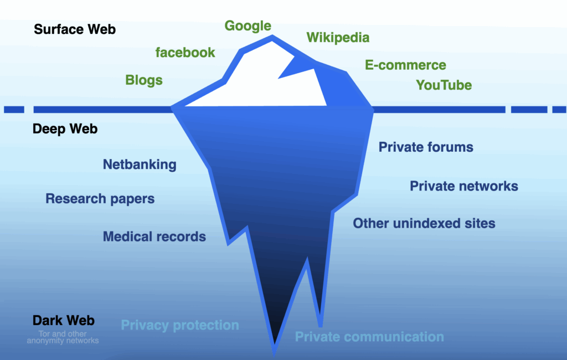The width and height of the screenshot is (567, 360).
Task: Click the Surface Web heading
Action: (x=75, y=29)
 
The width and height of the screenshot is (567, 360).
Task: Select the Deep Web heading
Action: (x=65, y=129)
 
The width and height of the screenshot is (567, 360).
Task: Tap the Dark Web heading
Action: (x=64, y=320)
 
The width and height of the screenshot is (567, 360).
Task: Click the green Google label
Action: (x=248, y=26)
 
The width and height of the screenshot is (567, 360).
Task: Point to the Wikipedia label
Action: (x=338, y=38)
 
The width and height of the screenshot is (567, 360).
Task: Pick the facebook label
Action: (x=185, y=53)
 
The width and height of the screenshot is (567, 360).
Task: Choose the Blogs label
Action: (x=144, y=80)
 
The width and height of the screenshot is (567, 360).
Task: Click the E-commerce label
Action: (x=405, y=65)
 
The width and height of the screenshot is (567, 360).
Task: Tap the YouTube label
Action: (x=444, y=85)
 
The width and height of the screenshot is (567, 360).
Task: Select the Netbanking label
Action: (x=140, y=164)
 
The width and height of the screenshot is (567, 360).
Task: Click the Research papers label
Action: (x=100, y=199)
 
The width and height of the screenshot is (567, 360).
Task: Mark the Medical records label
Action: (x=154, y=236)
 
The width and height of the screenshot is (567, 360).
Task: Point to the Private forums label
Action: (x=426, y=147)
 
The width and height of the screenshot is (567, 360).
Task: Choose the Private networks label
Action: (x=464, y=186)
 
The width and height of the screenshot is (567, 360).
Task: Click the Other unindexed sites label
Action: (x=424, y=224)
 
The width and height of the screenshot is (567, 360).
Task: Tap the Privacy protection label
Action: (x=180, y=325)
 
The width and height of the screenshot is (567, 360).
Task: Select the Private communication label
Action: (x=369, y=337)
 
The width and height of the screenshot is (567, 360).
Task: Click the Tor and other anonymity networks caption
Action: (x=63, y=337)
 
